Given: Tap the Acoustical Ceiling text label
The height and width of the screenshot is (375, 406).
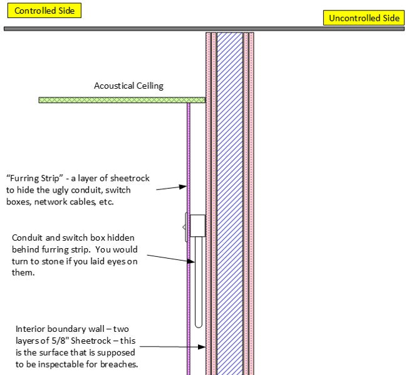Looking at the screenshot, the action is [128, 86].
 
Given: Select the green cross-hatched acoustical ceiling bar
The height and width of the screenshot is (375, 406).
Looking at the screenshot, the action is [122, 100].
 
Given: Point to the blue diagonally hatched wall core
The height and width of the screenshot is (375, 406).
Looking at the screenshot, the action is [229, 187].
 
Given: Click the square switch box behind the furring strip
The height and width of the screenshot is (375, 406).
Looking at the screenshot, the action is [197, 226].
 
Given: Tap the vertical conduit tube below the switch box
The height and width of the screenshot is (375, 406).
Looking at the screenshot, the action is [198, 281].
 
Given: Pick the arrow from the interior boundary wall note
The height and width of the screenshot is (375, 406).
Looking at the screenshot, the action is [169, 346].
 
